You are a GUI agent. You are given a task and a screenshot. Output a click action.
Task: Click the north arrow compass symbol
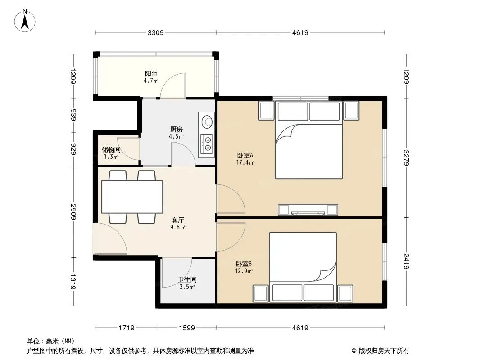25,21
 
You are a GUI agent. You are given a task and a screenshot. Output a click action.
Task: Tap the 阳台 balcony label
151,74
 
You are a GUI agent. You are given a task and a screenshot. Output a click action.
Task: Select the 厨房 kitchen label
177,130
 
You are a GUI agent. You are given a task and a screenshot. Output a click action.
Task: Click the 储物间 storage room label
111,149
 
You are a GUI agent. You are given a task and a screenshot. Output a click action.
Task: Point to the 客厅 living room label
178,220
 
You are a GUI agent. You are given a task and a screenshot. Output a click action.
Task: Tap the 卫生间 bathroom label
187,279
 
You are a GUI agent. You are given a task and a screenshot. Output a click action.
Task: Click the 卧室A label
245,155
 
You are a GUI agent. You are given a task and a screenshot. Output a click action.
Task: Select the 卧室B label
244,264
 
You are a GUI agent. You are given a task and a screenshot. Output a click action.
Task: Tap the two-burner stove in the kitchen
207,144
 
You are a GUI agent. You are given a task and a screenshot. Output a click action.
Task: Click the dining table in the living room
132,197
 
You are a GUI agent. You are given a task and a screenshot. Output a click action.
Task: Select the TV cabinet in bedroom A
308,210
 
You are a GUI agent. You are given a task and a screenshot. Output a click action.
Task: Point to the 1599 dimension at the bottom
187,328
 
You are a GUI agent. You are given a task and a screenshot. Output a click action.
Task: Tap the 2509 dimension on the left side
73,211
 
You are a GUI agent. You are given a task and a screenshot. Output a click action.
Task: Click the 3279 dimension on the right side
406,158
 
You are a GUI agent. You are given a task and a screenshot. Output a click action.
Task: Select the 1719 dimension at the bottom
127,328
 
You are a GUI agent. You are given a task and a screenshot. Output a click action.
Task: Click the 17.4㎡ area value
245,163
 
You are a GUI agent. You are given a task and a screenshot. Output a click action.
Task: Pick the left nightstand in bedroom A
266,110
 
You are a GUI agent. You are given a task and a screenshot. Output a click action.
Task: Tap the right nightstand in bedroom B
345,293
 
